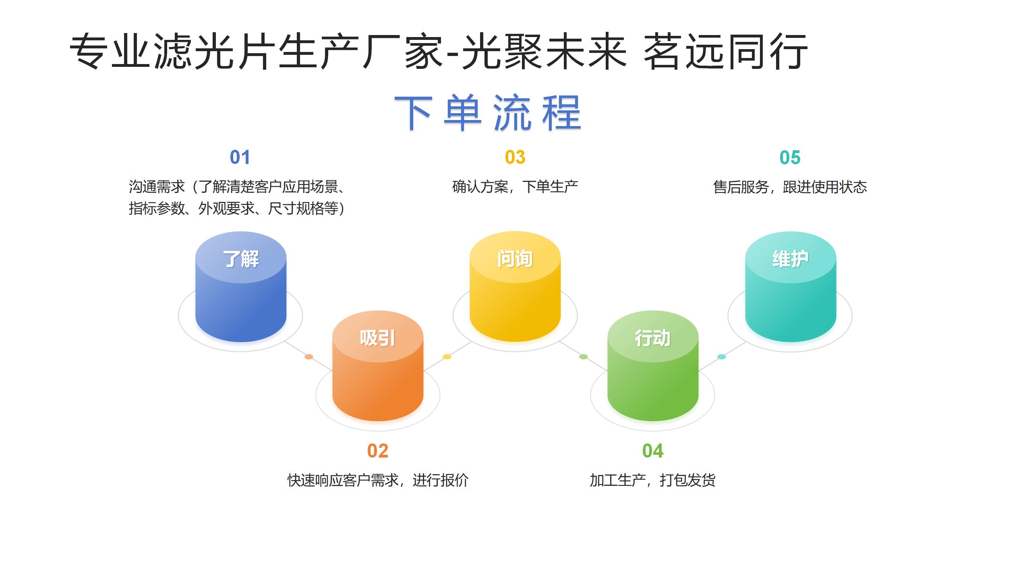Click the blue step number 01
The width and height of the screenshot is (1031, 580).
click(240, 157)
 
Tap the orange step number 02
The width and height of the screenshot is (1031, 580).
click(377, 451)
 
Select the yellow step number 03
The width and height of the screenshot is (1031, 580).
click(515, 157)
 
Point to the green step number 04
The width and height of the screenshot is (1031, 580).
click(652, 451)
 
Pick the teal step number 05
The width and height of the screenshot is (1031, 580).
click(790, 157)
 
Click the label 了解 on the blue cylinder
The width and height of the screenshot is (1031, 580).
click(241, 259)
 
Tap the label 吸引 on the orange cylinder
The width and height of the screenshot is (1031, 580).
click(377, 338)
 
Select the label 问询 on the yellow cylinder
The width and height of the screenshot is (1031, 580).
click(515, 259)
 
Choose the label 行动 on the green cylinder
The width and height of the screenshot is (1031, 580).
click(652, 338)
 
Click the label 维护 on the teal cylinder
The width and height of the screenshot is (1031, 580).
click(790, 259)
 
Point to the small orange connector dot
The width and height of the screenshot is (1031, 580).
click(309, 356)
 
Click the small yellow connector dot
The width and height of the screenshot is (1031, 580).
click(447, 356)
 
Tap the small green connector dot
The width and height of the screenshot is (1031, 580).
click(584, 356)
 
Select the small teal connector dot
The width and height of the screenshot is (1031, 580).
click(722, 356)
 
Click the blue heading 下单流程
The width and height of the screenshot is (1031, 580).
click(488, 112)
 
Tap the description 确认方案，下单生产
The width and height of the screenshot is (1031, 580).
click(515, 187)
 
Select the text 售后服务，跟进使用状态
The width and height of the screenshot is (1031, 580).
click(790, 187)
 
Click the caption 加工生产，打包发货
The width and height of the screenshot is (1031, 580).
click(652, 480)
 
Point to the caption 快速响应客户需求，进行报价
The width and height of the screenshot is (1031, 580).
click(378, 480)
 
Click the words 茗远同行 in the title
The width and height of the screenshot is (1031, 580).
click(726, 52)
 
